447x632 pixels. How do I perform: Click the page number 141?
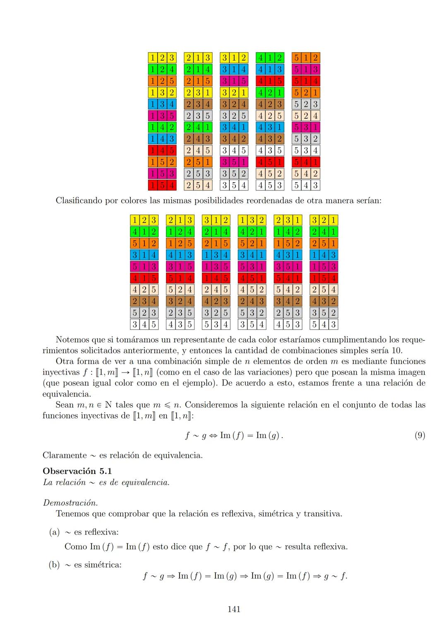tap(234, 609)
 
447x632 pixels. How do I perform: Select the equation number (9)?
tap(419, 435)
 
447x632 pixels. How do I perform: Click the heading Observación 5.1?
tap(77, 471)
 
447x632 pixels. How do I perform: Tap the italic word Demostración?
tap(70, 503)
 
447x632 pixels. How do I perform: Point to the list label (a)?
tap(55, 532)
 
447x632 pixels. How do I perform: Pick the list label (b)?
tap(55, 565)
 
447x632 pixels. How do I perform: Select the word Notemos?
tap(72, 340)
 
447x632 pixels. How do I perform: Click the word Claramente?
tap(65, 455)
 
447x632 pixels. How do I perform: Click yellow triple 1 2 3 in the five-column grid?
tap(162, 58)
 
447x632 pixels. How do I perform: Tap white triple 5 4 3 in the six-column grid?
tap(324, 324)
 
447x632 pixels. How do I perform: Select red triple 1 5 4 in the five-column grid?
tap(162, 185)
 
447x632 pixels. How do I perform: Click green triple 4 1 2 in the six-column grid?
tap(144, 231)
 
